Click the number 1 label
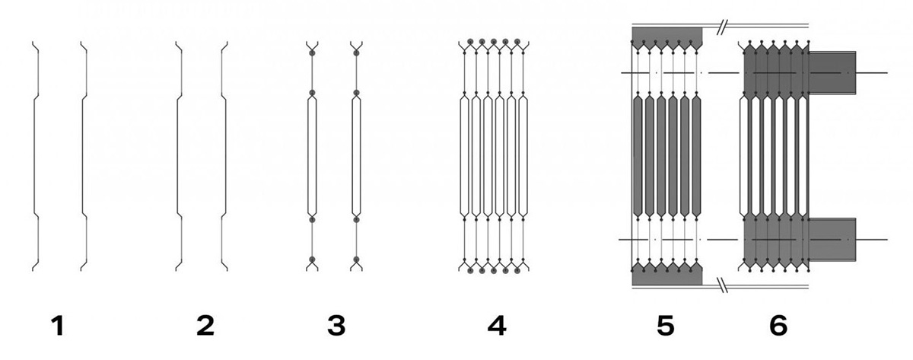pos(58,326)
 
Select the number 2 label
pos(205,326)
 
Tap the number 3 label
pos(336,326)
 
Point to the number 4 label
pos(497,326)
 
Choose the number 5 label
pos(666,326)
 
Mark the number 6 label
pos(778,326)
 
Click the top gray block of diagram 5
pos(666,37)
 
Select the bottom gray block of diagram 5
pos(666,275)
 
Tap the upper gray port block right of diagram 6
pos(832,72)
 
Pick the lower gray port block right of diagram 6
pos(832,239)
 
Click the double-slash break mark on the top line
pos(721,27)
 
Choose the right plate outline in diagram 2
pos(225,156)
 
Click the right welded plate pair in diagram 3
pos(356,156)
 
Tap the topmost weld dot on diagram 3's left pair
pos(312,53)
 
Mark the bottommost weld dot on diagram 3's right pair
pos(356,260)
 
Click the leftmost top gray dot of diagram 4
pos(470,41)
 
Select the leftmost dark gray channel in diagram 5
pos(638,156)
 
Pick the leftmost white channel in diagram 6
pos(744,156)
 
